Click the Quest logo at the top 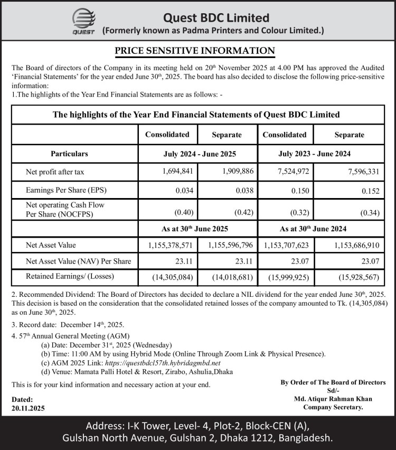click(x=83, y=23)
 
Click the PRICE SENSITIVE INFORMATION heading click(x=195, y=51)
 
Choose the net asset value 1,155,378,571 click(x=169, y=246)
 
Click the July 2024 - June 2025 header click(x=197, y=154)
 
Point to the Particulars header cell click(x=69, y=154)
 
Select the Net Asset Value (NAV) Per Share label click(x=78, y=261)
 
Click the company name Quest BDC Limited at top click(x=216, y=18)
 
